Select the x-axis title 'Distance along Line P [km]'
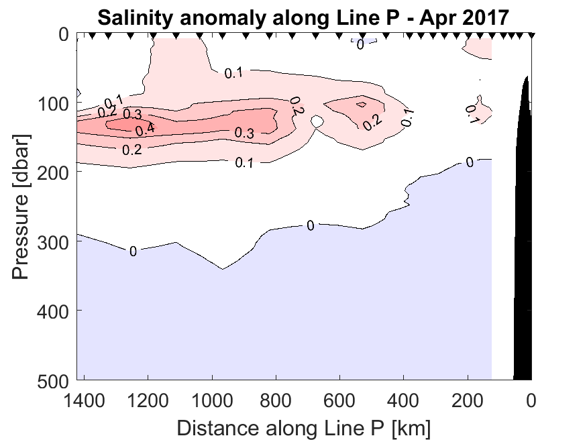tap(304, 427)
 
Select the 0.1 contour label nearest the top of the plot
tap(233, 73)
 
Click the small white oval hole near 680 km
tap(318, 121)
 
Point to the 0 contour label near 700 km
tap(311, 225)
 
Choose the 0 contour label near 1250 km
tap(133, 252)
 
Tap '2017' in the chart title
tap(484, 17)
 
